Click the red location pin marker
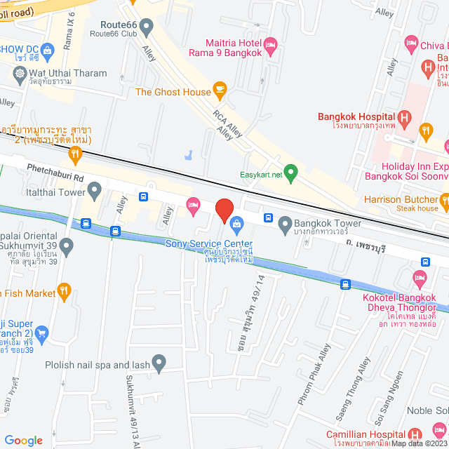click(x=224, y=210)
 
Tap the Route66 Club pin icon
click(x=147, y=28)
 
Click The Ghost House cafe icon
click(x=220, y=89)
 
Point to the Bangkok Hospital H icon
click(x=404, y=117)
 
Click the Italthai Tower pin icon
click(x=95, y=189)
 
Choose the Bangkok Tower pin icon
click(x=285, y=225)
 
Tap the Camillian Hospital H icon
click(x=414, y=434)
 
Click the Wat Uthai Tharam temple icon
click(x=19, y=73)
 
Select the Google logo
click(x=23, y=440)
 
